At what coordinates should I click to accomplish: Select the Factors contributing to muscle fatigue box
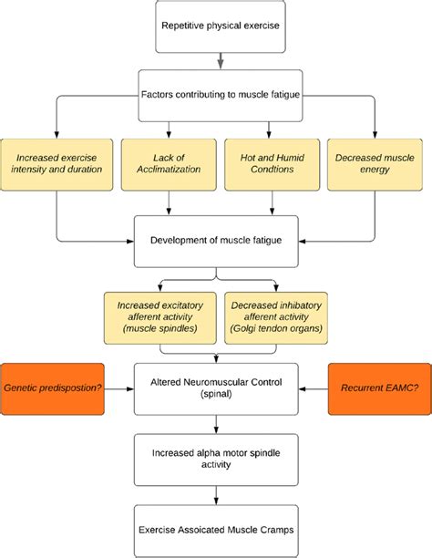pos(220,94)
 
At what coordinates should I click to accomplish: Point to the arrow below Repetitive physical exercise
pos(221,60)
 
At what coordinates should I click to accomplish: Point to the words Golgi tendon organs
pos(273,328)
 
